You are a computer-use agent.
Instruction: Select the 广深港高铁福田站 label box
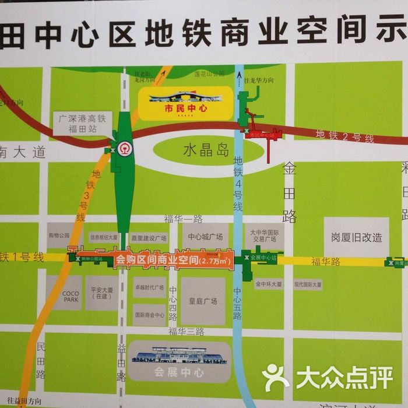[82, 124]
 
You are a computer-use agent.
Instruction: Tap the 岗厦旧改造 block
[356, 237]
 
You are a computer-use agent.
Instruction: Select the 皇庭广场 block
[203, 301]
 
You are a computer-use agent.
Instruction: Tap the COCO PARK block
[65, 293]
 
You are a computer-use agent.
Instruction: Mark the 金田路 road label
[290, 192]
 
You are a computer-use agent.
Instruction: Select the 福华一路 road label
[183, 219]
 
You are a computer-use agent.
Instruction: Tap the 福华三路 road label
[187, 331]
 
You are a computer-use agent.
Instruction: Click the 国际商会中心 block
[150, 314]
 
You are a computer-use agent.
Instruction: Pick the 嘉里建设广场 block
[149, 238]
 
